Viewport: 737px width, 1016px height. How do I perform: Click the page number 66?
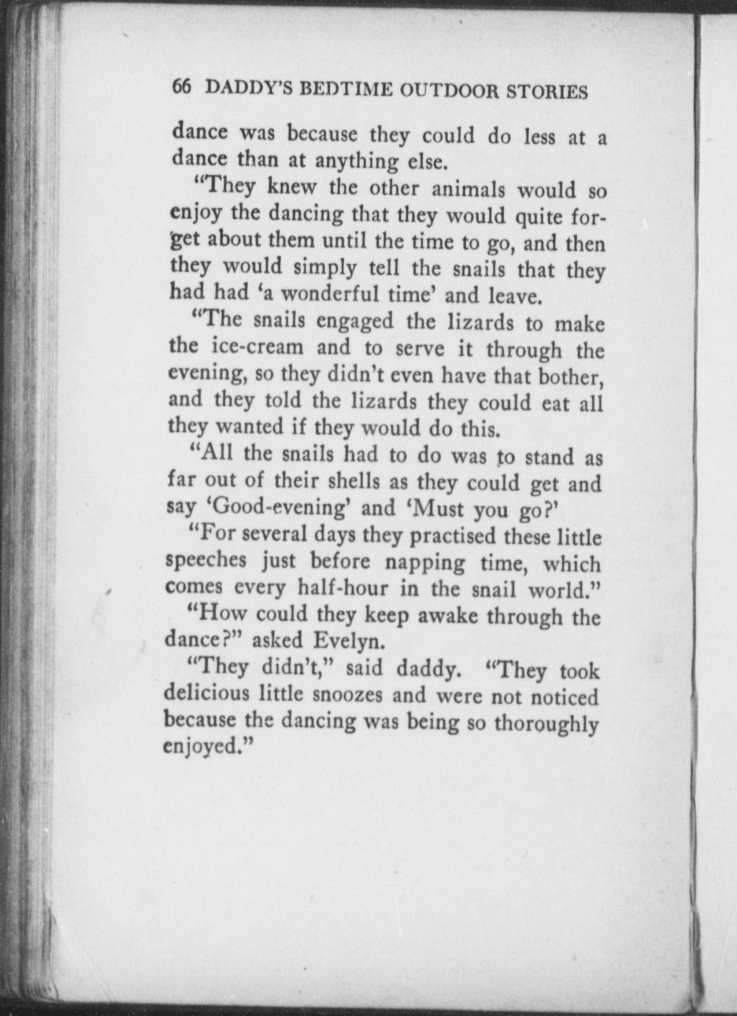pyautogui.click(x=182, y=87)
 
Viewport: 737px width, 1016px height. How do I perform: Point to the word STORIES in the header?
pyautogui.click(x=547, y=92)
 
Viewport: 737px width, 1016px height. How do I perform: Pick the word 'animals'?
pyautogui.click(x=468, y=189)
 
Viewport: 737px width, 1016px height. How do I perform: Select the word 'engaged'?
pyautogui.click(x=354, y=322)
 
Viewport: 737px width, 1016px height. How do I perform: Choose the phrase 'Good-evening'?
pyautogui.click(x=281, y=507)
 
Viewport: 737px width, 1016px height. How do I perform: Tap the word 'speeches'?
pyautogui.click(x=206, y=561)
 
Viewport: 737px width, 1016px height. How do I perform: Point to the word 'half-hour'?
pyautogui.click(x=342, y=589)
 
